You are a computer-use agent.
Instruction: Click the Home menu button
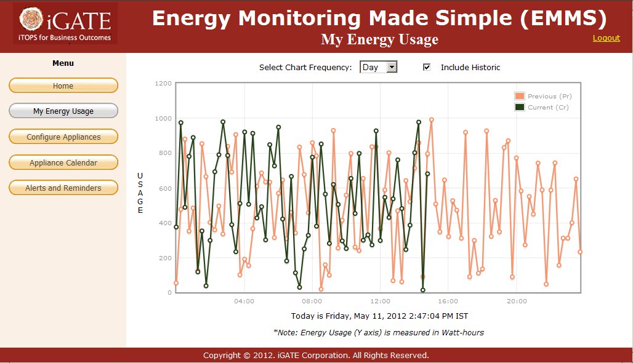click(63, 86)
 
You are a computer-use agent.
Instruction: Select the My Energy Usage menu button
click(63, 111)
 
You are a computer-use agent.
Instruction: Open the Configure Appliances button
click(63, 137)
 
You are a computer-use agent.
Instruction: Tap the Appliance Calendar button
click(63, 162)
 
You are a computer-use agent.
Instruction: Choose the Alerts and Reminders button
click(63, 188)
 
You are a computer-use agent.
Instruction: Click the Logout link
click(606, 38)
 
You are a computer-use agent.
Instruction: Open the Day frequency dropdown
click(379, 67)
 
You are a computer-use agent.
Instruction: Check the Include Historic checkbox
click(427, 67)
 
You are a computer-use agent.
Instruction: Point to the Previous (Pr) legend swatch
click(520, 96)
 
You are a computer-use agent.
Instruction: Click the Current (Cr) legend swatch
click(520, 107)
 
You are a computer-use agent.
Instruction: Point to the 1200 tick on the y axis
click(164, 83)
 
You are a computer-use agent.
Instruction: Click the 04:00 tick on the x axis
click(244, 301)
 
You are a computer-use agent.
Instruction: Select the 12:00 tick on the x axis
click(381, 301)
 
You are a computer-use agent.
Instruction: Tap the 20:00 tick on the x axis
click(517, 301)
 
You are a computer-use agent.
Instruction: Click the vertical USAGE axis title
click(140, 193)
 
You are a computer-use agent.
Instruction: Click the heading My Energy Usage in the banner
click(379, 40)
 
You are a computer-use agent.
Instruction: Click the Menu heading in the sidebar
click(63, 63)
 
